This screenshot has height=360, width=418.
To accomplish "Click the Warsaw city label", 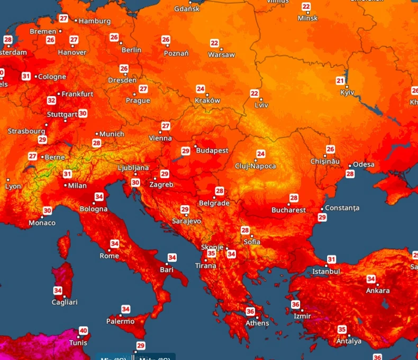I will (221, 55).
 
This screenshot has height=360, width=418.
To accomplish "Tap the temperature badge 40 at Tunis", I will (83, 331).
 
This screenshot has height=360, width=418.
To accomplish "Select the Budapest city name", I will (212, 151).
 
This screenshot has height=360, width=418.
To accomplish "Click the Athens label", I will (257, 323).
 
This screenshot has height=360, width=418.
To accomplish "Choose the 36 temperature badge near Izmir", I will (295, 304).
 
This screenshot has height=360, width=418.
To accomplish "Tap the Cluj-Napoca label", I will (256, 166).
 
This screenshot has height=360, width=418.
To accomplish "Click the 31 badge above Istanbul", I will (331, 259).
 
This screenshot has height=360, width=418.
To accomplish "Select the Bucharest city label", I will (288, 210).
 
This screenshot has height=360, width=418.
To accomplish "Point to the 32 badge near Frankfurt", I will (51, 100).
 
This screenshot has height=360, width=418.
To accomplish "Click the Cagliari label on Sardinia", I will (65, 302).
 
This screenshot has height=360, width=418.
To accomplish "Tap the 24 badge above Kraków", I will (201, 89).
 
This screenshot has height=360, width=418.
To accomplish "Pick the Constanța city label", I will (342, 208).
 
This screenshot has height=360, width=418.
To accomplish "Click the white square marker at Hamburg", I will (76, 21).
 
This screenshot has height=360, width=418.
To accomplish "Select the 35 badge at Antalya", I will (342, 329).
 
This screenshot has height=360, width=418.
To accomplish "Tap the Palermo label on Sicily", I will (120, 321).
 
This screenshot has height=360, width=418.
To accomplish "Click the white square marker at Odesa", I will (349, 165).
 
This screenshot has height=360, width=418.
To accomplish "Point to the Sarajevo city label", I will (186, 221).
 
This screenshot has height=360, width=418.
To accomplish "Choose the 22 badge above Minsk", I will (306, 7).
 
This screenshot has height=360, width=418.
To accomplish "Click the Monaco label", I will (42, 223).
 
